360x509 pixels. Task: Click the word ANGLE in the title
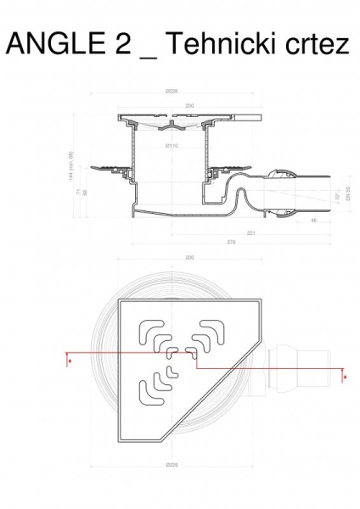coord(53,44)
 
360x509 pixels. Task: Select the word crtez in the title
coord(315,44)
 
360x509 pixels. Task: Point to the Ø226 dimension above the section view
coord(172,92)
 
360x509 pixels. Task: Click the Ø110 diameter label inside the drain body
coord(172,146)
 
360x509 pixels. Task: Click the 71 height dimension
coord(79,193)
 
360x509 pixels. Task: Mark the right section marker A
coord(344,373)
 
